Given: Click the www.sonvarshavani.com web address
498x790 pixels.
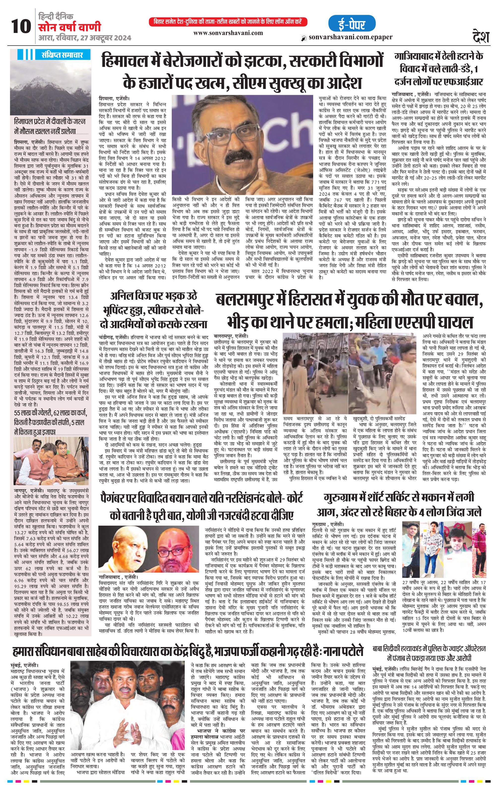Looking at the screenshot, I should coord(228,33).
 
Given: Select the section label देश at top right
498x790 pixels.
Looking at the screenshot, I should coord(481,35).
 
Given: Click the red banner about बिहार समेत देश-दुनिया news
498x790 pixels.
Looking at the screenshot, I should coord(228,22).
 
